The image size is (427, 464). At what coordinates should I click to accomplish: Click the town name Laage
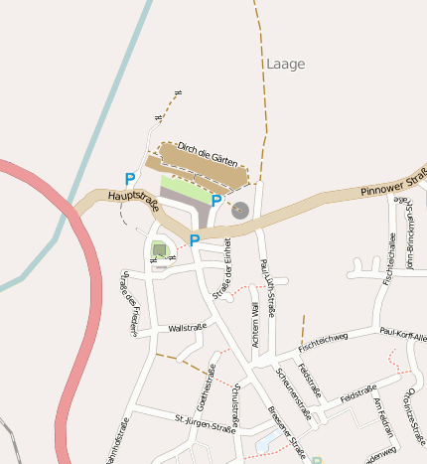tap(286, 64)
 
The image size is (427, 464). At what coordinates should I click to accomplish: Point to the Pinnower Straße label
tap(393, 183)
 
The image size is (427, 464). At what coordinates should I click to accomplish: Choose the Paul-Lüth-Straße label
tap(266, 286)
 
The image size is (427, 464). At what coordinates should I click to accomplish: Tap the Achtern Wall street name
tap(254, 326)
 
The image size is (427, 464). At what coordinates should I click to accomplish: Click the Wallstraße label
tap(187, 327)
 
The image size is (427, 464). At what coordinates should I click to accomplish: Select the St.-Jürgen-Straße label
tap(204, 424)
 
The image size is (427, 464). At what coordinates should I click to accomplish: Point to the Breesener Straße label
tap(286, 428)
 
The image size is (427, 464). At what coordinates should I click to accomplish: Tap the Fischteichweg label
tap(324, 343)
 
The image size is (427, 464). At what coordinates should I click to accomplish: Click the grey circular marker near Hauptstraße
tap(239, 210)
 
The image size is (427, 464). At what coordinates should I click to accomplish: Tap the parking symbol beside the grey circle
tap(216, 201)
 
